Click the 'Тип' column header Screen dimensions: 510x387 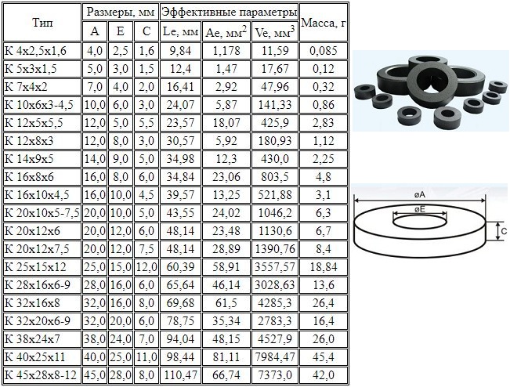pyautogui.click(x=42, y=23)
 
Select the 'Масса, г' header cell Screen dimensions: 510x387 pyautogui.click(x=324, y=23)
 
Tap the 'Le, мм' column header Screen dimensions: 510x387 pyautogui.click(x=180, y=31)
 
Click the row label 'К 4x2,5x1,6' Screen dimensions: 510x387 pyautogui.click(x=36, y=51)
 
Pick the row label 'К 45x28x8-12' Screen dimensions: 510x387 pyautogui.click(x=41, y=375)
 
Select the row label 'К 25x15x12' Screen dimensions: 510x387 pyautogui.click(x=35, y=267)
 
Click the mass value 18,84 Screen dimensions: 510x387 pyautogui.click(x=324, y=267)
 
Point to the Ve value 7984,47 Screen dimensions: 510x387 pyautogui.click(x=275, y=357)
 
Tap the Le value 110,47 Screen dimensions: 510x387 pyautogui.click(x=180, y=375)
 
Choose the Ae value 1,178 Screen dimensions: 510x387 pyautogui.click(x=226, y=51)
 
